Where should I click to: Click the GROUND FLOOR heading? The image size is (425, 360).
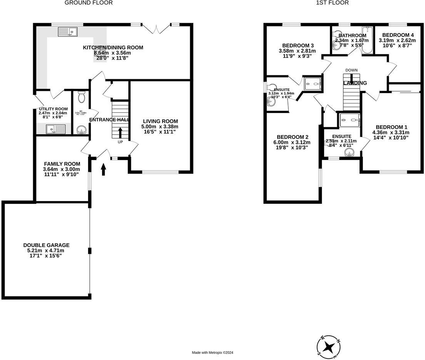click(89, 3)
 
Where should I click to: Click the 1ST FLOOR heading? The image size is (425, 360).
click(332, 3)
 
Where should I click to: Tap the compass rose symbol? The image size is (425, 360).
click(328, 347)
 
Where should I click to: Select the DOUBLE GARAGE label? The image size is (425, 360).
click(46, 245)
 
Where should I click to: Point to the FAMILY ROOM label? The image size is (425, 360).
click(62, 164)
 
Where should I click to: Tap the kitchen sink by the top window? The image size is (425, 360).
click(68, 32)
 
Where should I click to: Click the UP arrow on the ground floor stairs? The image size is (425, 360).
click(120, 133)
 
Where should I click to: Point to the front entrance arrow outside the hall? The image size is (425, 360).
click(104, 169)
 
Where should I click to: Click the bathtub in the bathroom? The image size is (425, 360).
click(367, 40)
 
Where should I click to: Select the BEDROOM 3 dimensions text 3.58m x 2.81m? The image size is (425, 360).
click(297, 51)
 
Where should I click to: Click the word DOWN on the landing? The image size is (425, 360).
click(351, 70)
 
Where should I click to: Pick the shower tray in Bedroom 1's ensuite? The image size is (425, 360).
click(350, 120)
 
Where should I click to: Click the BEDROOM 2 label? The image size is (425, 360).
click(293, 137)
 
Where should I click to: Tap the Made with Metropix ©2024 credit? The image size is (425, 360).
click(212, 353)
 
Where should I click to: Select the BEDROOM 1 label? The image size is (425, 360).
click(392, 127)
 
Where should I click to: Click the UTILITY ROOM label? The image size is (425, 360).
click(53, 109)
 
